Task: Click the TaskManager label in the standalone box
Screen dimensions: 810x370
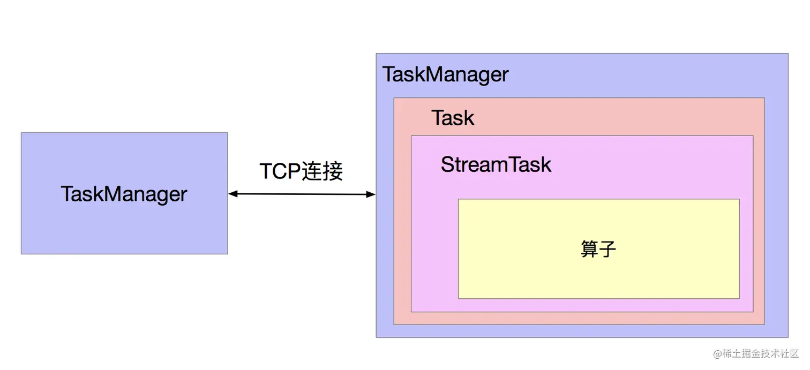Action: (x=124, y=194)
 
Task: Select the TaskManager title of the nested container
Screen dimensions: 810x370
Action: (x=446, y=75)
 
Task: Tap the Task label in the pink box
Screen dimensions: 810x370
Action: (x=453, y=118)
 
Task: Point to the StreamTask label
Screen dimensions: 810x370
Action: (x=496, y=165)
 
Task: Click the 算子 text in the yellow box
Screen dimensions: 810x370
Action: (x=598, y=249)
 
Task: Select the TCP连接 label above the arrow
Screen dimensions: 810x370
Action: (x=301, y=171)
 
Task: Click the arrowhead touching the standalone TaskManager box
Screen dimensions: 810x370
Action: (x=233, y=194)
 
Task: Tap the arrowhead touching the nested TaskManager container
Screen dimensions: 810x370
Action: (x=371, y=194)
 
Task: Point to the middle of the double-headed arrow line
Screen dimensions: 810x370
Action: (x=302, y=194)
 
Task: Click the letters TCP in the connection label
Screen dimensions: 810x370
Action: (x=280, y=171)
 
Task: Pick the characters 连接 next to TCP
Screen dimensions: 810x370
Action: (x=322, y=171)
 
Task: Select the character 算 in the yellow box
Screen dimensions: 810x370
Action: (x=589, y=249)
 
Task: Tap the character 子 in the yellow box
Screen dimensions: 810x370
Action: (x=607, y=249)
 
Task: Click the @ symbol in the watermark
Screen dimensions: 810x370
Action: (x=717, y=354)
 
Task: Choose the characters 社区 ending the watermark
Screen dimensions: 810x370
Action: (x=789, y=353)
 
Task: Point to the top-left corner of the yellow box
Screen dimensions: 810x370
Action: (x=459, y=199)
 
